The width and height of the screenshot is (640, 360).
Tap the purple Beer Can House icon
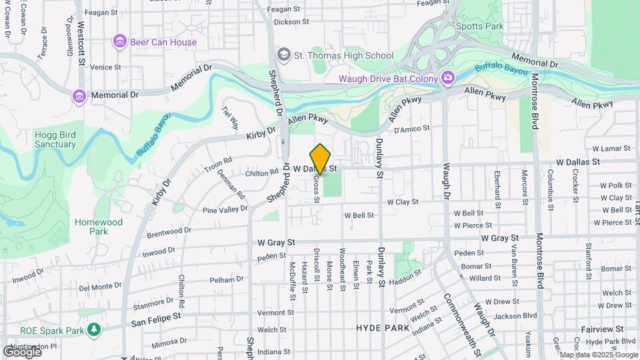(x=120, y=42)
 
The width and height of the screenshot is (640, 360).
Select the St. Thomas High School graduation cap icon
(x=284, y=55)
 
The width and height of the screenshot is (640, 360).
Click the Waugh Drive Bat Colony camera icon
(x=448, y=79)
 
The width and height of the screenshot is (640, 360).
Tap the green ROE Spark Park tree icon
(x=94, y=330)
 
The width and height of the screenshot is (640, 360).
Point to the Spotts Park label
(x=479, y=27)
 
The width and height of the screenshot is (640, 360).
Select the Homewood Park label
(x=99, y=227)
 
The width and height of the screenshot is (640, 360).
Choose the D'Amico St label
(x=412, y=128)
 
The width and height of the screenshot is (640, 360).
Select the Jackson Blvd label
(x=516, y=315)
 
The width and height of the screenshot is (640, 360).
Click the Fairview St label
(x=602, y=329)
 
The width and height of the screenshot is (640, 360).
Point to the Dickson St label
(x=291, y=21)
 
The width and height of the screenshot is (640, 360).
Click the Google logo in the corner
(x=22, y=351)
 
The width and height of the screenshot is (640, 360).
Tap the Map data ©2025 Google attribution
(x=598, y=355)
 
